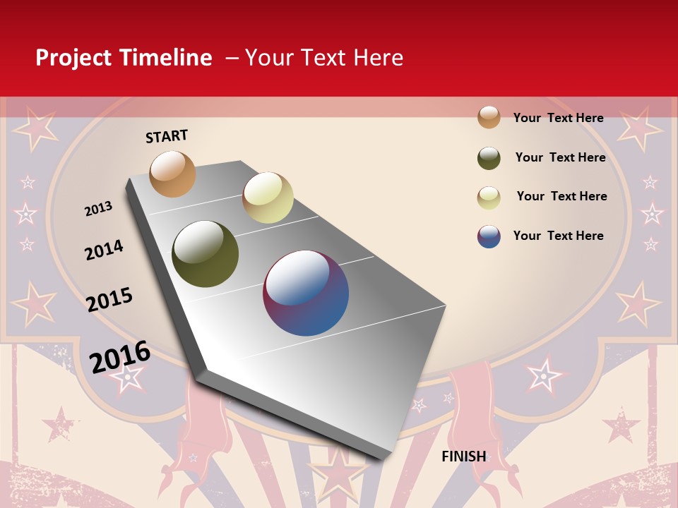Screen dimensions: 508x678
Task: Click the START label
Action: pyautogui.click(x=167, y=136)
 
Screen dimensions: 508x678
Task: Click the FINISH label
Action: pyautogui.click(x=464, y=456)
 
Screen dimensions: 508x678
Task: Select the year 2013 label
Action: pyautogui.click(x=99, y=209)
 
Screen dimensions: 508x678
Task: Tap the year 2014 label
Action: pyautogui.click(x=104, y=250)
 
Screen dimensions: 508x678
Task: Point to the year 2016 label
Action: pyautogui.click(x=120, y=357)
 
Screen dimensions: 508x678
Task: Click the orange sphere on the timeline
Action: pyautogui.click(x=172, y=174)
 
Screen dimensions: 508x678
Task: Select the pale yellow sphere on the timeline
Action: pyautogui.click(x=268, y=198)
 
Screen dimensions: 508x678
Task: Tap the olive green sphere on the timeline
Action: pyautogui.click(x=206, y=254)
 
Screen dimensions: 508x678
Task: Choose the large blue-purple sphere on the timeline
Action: pyautogui.click(x=306, y=293)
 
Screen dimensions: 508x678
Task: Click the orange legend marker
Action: pyautogui.click(x=489, y=117)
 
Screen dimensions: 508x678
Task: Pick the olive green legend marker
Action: pyautogui.click(x=489, y=158)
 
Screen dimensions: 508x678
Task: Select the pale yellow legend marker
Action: pyautogui.click(x=489, y=198)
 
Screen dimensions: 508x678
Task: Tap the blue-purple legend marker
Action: pyautogui.click(x=489, y=236)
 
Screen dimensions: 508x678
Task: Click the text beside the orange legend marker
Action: pyautogui.click(x=558, y=118)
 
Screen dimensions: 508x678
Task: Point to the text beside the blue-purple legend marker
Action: pyautogui.click(x=558, y=236)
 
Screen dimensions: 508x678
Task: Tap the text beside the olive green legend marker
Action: pyautogui.click(x=560, y=157)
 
